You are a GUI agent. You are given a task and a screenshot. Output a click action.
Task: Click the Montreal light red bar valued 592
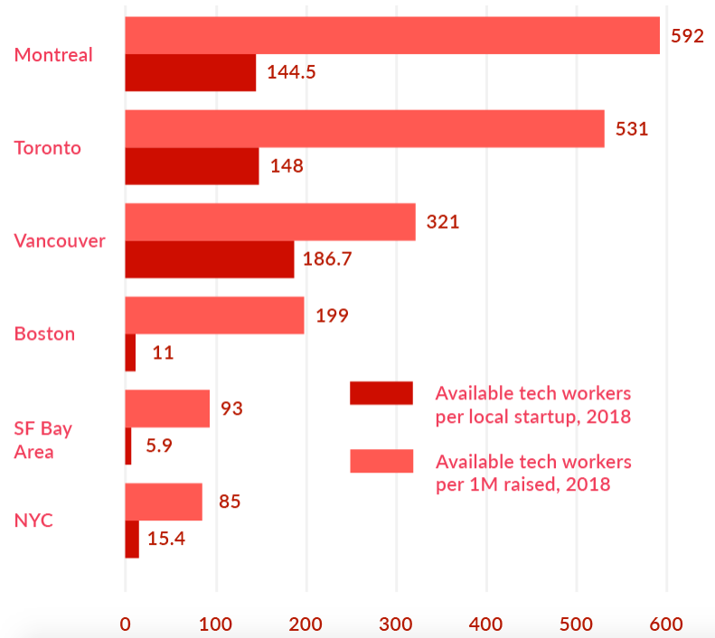coord(392,35)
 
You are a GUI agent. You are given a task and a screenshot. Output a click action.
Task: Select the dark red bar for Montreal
coord(190,72)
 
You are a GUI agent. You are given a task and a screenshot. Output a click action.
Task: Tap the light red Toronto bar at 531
coord(364,128)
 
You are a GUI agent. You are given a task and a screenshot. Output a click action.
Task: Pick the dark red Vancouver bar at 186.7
coord(210,259)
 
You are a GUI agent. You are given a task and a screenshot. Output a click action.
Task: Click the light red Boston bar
coord(214,315)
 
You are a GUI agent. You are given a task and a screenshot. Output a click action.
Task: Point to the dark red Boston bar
coord(130,352)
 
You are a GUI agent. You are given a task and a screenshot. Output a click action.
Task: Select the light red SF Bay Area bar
coord(167,408)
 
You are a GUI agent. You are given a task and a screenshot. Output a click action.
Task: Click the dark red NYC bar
coord(132,539)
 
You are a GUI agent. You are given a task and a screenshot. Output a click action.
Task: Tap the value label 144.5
coord(291,73)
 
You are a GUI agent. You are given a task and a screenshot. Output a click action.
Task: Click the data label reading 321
coord(443,221)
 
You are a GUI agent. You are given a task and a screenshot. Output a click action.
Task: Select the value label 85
coord(230,501)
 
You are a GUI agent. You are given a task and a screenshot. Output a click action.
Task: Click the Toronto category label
coord(48,147)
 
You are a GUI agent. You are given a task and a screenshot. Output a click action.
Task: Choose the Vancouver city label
coord(60,240)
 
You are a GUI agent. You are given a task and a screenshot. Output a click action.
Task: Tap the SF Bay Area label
coord(42,439)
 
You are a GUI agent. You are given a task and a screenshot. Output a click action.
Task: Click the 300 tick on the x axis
coord(396,623)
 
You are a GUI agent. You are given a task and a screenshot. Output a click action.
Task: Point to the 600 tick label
coord(667,623)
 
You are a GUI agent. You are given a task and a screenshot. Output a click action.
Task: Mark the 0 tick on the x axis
coord(125,623)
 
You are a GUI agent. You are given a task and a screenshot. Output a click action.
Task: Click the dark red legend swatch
coord(381,393)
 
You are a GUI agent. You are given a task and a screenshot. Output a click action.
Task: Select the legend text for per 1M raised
coord(533,473)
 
